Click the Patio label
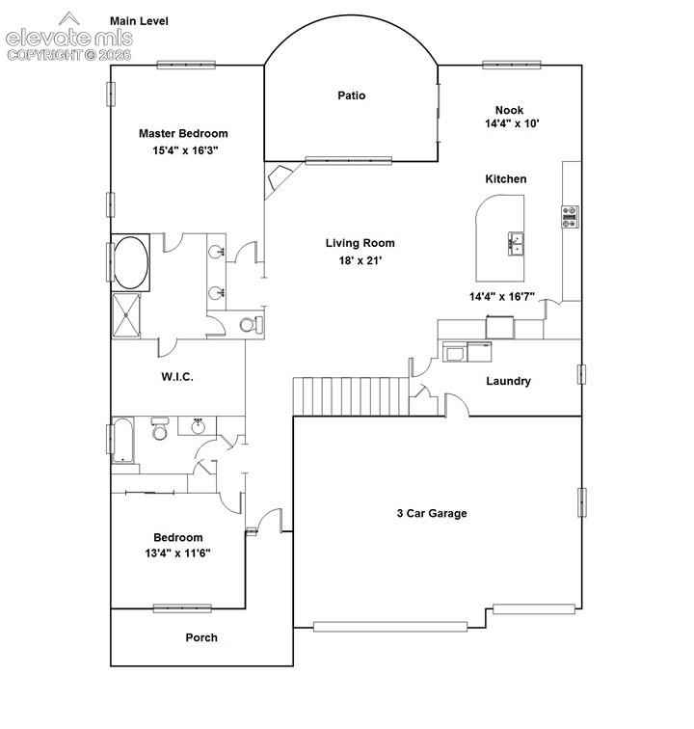[352, 95]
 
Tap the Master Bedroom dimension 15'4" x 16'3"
[185, 150]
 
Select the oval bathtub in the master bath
[131, 262]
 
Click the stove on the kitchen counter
[570, 217]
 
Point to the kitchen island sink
[516, 243]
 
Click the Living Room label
[360, 243]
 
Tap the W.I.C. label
[177, 377]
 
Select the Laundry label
[509, 381]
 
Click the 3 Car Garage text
[432, 513]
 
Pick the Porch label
[201, 637]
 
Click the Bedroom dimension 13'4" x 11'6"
[178, 553]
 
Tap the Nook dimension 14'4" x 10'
[512, 123]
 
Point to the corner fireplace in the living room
[277, 178]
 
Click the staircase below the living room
[351, 396]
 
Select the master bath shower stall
[126, 315]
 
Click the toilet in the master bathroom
[251, 325]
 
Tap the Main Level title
[139, 21]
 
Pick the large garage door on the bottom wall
[390, 627]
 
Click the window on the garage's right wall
[581, 502]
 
